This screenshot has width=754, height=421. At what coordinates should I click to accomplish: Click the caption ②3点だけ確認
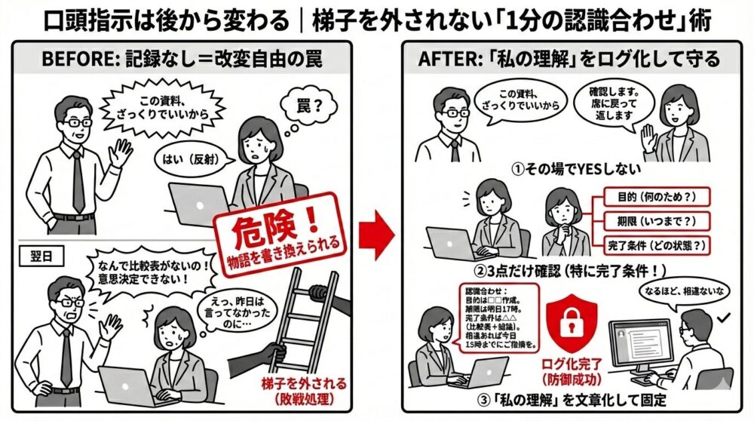click(581, 269)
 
